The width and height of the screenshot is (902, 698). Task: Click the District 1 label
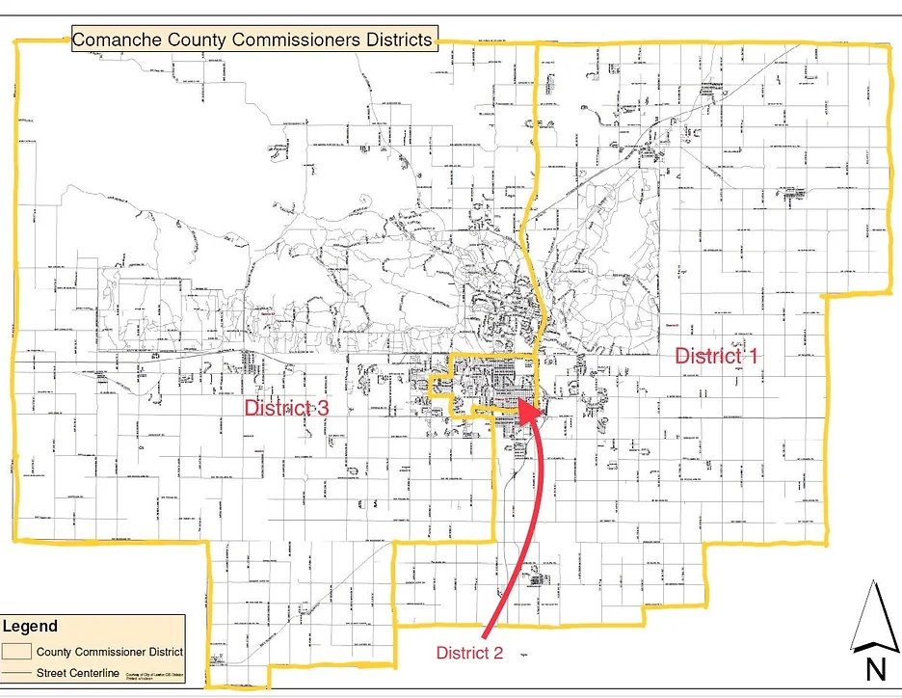(716, 355)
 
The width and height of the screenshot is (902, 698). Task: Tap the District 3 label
(286, 408)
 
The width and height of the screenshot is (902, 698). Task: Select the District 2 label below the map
(469, 653)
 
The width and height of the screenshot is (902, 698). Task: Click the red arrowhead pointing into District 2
(525, 410)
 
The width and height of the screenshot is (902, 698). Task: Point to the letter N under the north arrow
(876, 669)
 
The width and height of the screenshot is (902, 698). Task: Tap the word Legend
(30, 627)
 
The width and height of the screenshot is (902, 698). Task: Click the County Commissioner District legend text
(110, 652)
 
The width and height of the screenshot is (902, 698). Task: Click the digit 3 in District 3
(323, 408)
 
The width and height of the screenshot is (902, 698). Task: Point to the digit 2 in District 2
(497, 653)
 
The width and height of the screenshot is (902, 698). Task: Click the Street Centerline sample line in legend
(18, 672)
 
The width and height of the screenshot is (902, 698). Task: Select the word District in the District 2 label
(462, 653)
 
